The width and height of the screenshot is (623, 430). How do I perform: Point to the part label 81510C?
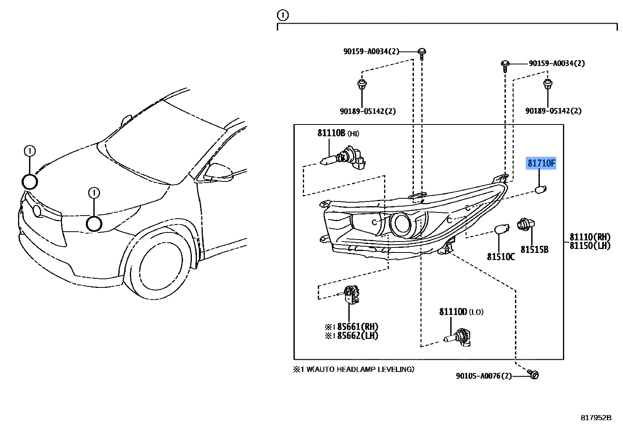pos(501,257)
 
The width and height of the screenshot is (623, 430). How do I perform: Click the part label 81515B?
pos(534,249)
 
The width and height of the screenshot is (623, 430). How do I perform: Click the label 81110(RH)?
pos(590,237)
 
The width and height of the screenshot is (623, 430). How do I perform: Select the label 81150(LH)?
pos(590,246)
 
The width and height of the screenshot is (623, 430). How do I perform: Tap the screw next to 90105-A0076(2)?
pos(533,375)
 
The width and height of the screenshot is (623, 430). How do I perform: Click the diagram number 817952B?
pos(596,418)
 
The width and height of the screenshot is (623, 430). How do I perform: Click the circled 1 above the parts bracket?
pos(282,15)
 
